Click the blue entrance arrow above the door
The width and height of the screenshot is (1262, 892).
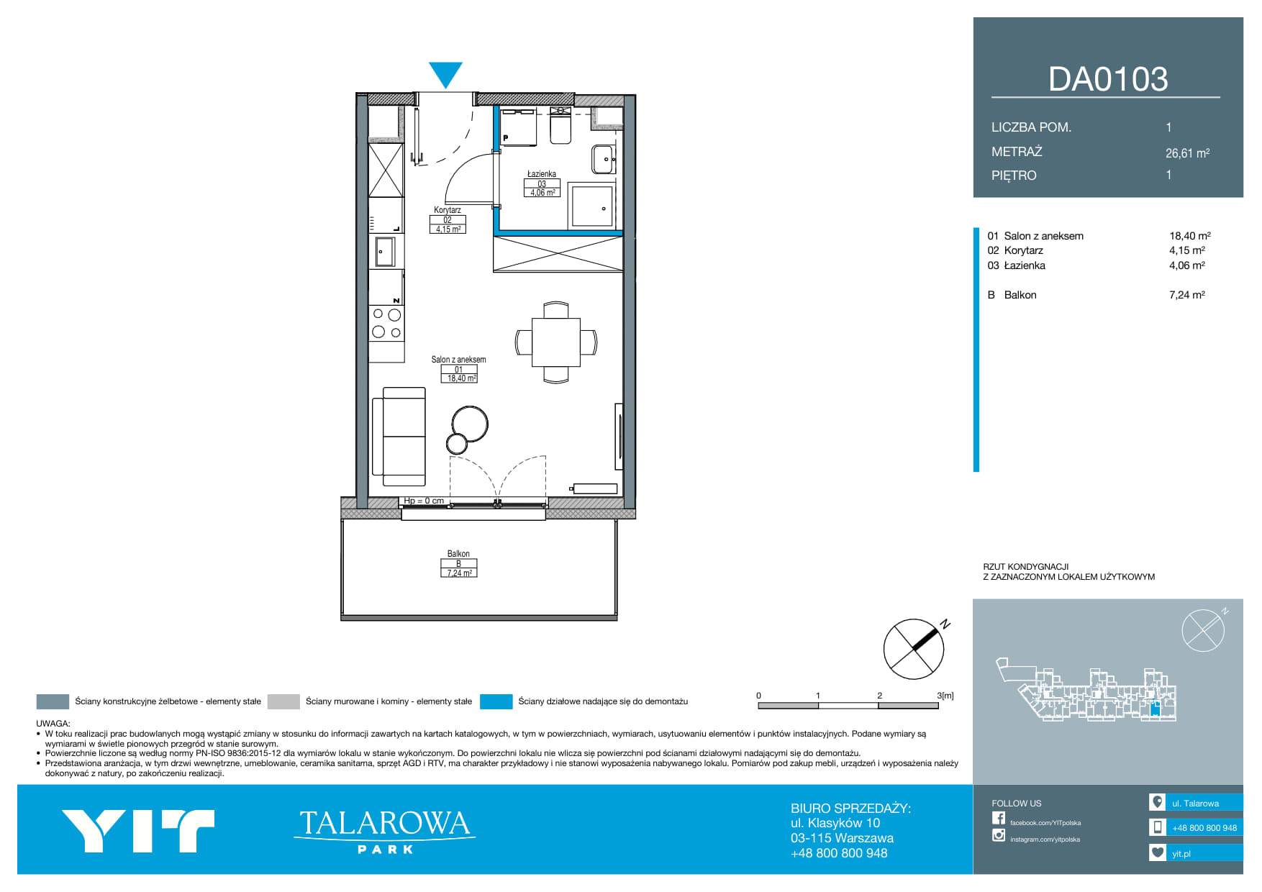pyautogui.click(x=445, y=74)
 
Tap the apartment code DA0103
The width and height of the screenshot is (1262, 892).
pyautogui.click(x=1108, y=79)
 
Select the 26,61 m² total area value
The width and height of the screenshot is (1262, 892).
pyautogui.click(x=1187, y=153)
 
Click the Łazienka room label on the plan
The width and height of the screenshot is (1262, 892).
pyautogui.click(x=541, y=174)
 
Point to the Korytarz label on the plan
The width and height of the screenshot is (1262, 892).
pyautogui.click(x=447, y=210)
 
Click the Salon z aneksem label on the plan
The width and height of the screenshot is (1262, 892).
pyautogui.click(x=458, y=360)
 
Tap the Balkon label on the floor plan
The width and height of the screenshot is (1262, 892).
pyautogui.click(x=458, y=554)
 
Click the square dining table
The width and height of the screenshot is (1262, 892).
pyautogui.click(x=555, y=342)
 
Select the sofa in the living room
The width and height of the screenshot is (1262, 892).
pyautogui.click(x=399, y=437)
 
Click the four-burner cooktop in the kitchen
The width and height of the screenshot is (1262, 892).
pyautogui.click(x=386, y=323)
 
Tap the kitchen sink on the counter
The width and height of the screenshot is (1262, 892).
pyautogui.click(x=386, y=252)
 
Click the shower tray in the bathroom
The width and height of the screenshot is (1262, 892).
pyautogui.click(x=591, y=206)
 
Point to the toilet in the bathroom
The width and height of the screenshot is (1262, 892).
pyautogui.click(x=560, y=126)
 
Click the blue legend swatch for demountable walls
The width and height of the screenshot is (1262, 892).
pyautogui.click(x=496, y=701)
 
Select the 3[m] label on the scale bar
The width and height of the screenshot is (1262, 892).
pyautogui.click(x=945, y=696)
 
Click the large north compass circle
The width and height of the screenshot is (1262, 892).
pyautogui.click(x=914, y=649)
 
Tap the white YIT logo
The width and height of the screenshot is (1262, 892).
pyautogui.click(x=137, y=831)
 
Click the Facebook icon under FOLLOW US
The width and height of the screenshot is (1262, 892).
pyautogui.click(x=999, y=818)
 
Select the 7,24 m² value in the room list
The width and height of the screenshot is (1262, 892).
pyautogui.click(x=1187, y=295)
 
